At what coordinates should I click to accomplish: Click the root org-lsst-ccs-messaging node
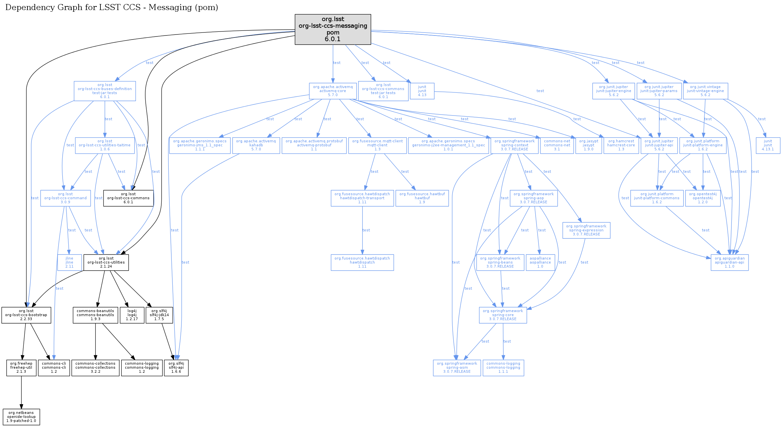coord(333,29)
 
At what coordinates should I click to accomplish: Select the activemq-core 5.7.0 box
coord(333,91)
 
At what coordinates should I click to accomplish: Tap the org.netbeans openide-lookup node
coord(21,417)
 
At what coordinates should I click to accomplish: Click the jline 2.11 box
coord(69,262)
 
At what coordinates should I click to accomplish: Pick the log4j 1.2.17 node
coord(132,315)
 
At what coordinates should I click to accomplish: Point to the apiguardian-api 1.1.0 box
coord(729,262)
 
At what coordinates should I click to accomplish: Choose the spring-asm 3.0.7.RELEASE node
coord(457,367)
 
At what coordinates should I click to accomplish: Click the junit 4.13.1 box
coord(768,145)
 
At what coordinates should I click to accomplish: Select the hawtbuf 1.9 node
coord(422,198)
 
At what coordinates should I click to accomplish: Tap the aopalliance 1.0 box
coord(540,262)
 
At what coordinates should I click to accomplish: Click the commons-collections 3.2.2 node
coord(95,367)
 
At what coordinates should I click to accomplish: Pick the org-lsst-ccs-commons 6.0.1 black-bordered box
coord(128,198)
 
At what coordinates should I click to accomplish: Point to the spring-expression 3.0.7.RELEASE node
coord(586,230)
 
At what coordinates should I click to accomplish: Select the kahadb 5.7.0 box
coord(256,145)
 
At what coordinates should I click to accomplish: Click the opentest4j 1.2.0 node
coord(703,198)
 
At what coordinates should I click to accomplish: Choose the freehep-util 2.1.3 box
coord(21,367)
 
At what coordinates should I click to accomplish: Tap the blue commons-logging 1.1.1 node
coord(503,367)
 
